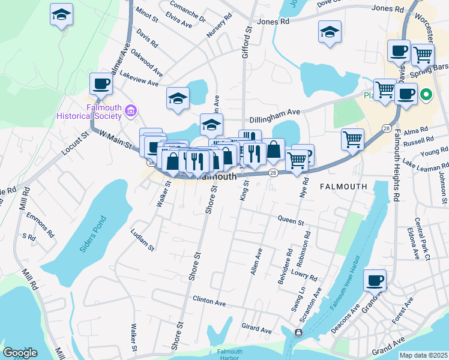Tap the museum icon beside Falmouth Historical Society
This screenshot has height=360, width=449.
(131, 110)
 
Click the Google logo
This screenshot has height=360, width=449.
(20, 353)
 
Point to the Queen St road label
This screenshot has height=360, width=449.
(291, 221)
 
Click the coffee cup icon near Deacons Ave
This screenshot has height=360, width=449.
(375, 280)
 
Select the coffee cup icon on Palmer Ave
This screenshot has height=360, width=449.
(101, 83)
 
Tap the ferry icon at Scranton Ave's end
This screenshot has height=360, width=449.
(298, 332)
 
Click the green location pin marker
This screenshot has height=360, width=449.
(426, 94)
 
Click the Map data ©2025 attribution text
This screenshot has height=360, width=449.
(423, 355)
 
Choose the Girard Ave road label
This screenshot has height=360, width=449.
(256, 328)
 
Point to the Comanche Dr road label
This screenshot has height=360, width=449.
(187, 11)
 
